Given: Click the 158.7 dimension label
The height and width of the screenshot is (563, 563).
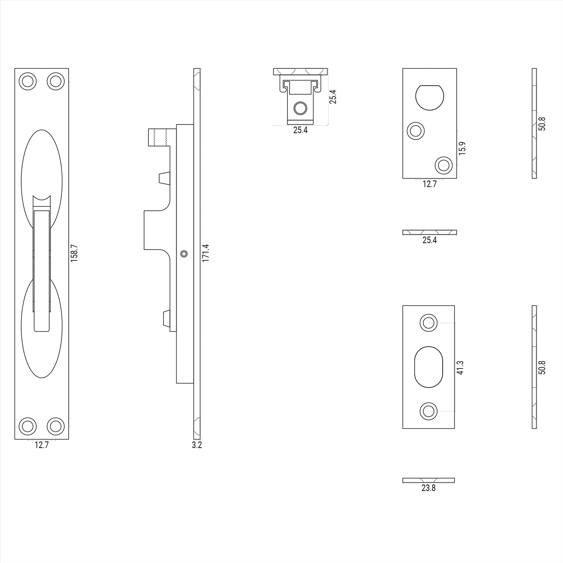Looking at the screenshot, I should point(74,253).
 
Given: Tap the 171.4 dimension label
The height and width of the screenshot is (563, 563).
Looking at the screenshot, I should point(205,253).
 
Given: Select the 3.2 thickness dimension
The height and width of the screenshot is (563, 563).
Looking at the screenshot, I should point(197,445).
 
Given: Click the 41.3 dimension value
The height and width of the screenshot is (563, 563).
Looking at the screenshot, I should point(460,367).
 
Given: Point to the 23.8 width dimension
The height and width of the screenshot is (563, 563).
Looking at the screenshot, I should point(428,488).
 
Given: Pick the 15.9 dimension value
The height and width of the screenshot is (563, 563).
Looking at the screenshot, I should point(462,148).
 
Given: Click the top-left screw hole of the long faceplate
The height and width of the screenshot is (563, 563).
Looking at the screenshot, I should point(28,81).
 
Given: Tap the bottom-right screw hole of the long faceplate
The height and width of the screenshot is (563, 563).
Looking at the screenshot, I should point(56,426).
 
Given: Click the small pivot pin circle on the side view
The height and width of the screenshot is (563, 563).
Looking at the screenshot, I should point(184,254).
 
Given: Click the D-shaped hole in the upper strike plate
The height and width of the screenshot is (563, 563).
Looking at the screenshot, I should point(429,97).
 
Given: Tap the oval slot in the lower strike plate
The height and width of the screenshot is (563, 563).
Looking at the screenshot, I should point(429,367).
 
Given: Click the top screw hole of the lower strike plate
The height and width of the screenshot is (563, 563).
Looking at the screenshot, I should point(428,323).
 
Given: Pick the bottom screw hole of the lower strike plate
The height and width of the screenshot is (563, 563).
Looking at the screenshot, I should point(428,411).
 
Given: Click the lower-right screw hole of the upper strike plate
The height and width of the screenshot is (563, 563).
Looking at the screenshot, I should point(444,165).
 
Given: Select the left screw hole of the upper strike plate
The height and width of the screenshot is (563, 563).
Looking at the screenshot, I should point(416,130).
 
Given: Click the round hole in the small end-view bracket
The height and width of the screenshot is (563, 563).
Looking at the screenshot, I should point(300,109).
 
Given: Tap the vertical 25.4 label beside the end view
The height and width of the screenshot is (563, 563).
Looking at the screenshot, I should point(333,97).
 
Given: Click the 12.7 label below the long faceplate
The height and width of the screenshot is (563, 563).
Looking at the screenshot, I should point(42,445).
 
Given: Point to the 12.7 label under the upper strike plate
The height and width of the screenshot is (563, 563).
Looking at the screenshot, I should point(429,184).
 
